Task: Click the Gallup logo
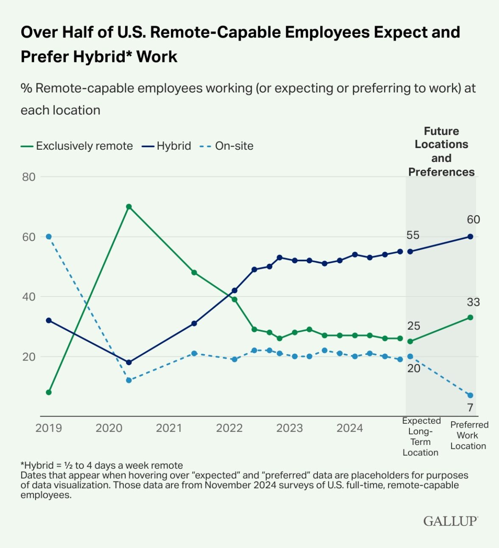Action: (x=450, y=521)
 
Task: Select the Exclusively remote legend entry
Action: (x=77, y=146)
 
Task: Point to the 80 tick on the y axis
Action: (x=29, y=177)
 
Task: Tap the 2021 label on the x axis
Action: (x=169, y=428)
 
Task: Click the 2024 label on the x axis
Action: (x=350, y=428)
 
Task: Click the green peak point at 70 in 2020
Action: (x=129, y=207)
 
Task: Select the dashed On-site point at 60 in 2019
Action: (x=49, y=236)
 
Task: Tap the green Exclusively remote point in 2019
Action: (x=49, y=392)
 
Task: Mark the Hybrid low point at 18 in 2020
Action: (x=129, y=362)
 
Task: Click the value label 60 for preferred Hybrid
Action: (x=473, y=219)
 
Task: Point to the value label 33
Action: (x=473, y=302)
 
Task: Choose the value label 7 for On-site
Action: (x=470, y=408)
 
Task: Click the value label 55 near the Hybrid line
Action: (x=413, y=235)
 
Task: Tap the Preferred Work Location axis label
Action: (x=469, y=435)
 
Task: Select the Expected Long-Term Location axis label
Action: (x=421, y=436)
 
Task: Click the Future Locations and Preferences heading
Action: (x=441, y=151)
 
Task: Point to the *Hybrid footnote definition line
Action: (x=102, y=465)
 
